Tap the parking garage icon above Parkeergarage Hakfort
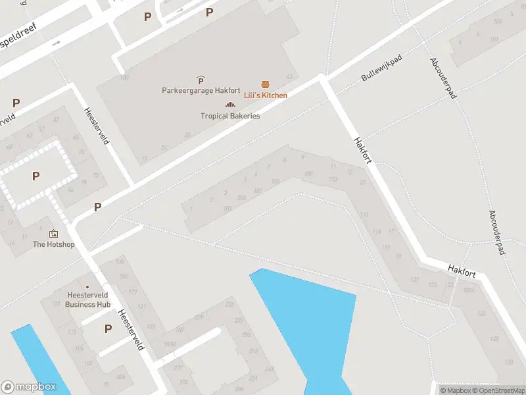point(201,80)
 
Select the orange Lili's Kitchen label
point(266,95)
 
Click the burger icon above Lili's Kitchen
point(266,84)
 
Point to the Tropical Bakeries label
point(230,116)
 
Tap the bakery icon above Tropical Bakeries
point(230,105)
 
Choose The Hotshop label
point(54,244)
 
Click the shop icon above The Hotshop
point(53,233)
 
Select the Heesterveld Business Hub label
point(87,300)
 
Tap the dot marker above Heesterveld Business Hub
point(87,286)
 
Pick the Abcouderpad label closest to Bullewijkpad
point(442,78)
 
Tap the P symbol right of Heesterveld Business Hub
point(108,329)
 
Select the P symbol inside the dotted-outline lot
point(36,176)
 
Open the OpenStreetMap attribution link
point(498,390)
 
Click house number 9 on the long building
point(302,157)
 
